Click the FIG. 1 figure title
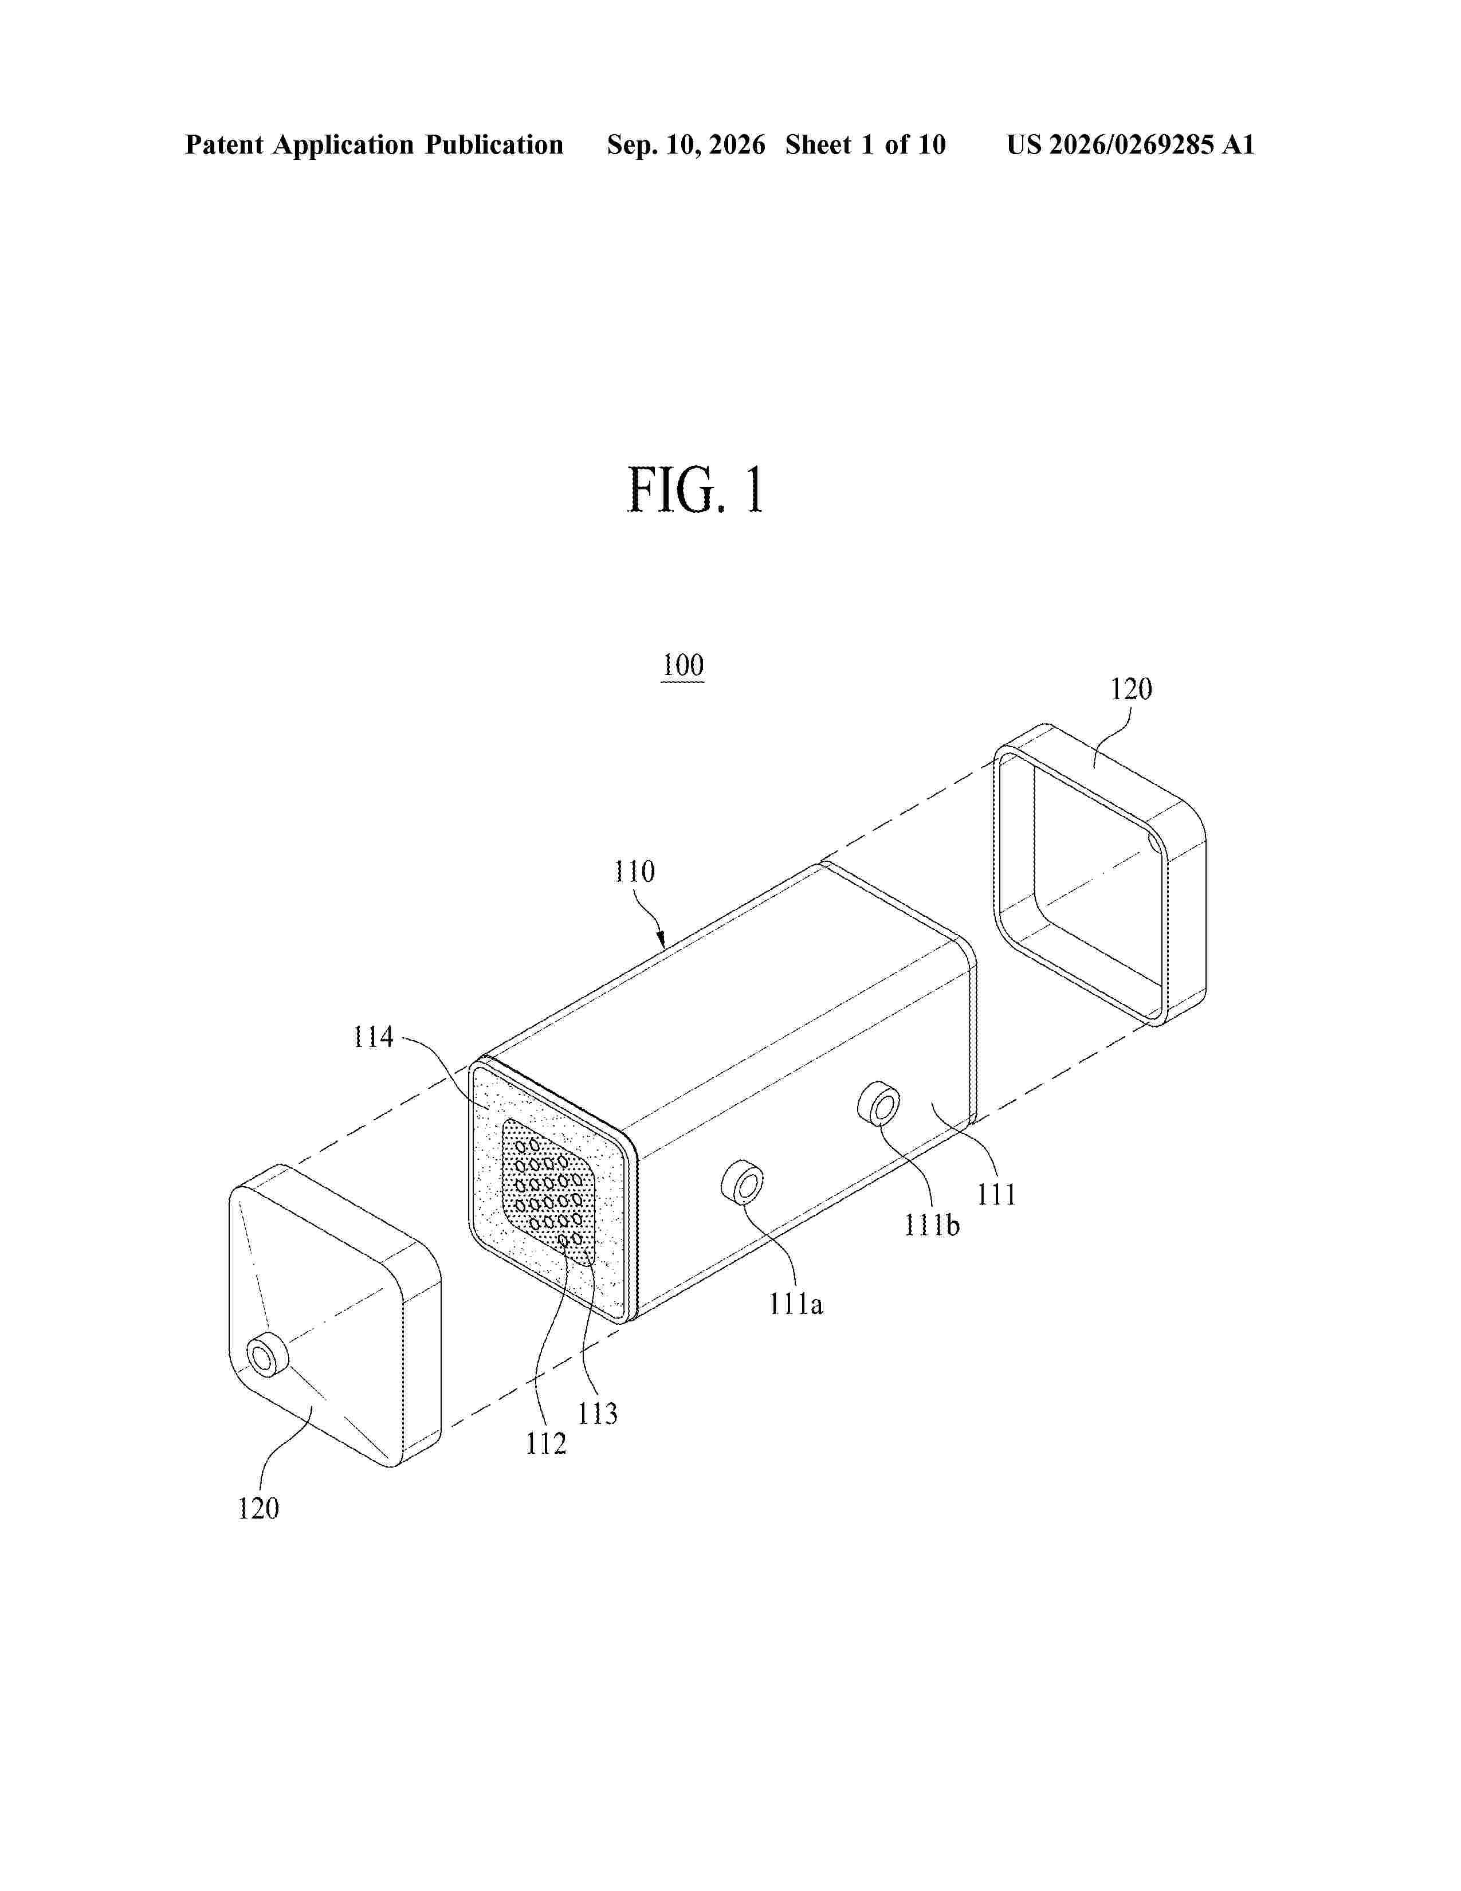[696, 490]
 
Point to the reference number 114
[373, 1037]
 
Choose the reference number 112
[546, 1443]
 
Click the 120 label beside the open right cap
[1131, 689]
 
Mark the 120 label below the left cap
[259, 1509]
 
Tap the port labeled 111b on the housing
[878, 1105]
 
